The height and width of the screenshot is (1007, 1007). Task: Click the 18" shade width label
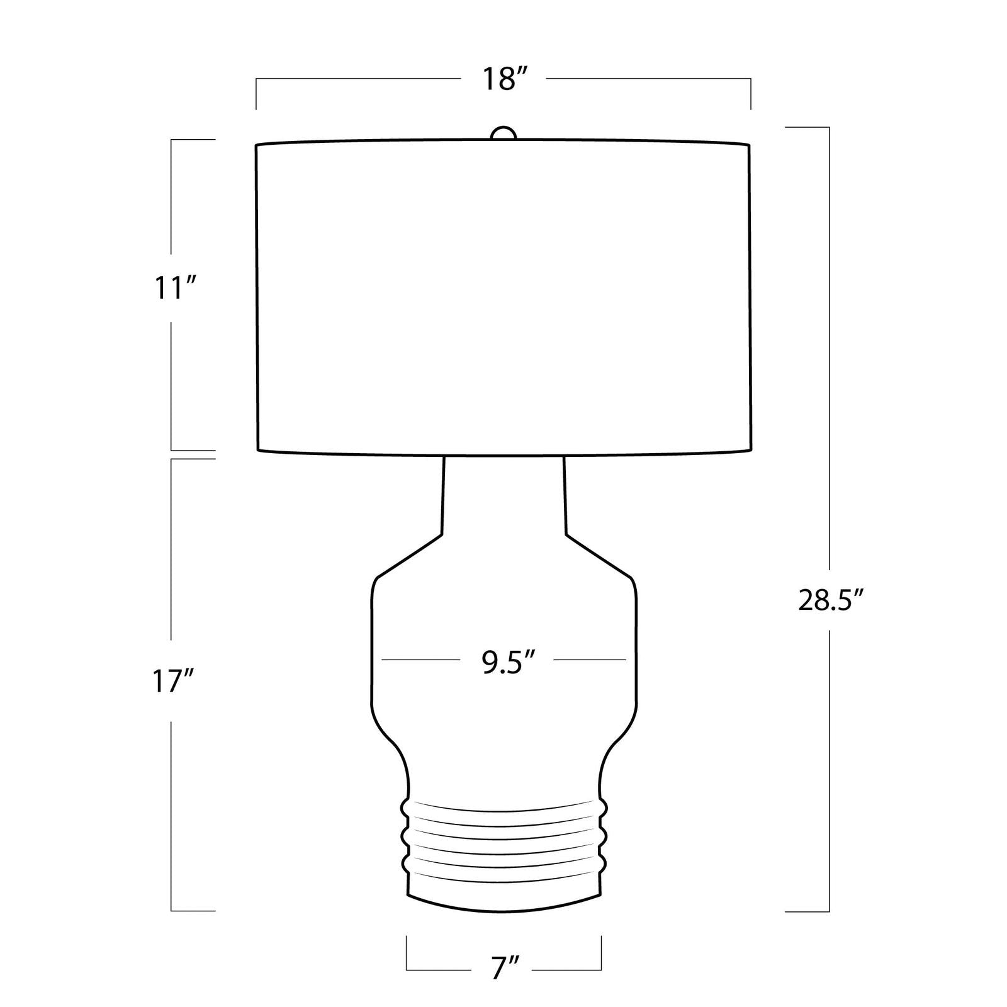503,80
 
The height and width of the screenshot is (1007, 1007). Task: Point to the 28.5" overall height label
830,600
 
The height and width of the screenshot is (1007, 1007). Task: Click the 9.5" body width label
509,663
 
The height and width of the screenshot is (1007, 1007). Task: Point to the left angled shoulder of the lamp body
409,556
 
